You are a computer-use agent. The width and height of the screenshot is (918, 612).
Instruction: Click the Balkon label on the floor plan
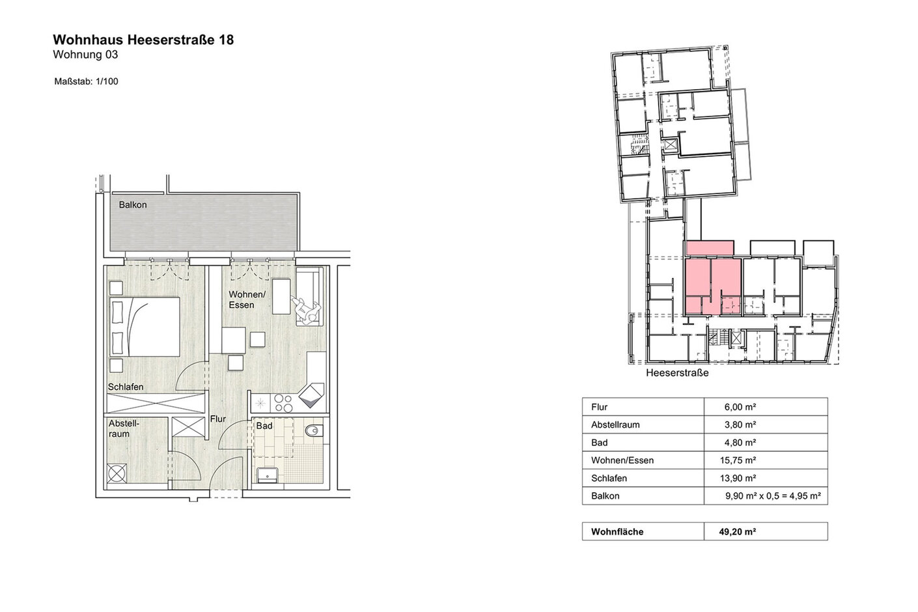point(133,204)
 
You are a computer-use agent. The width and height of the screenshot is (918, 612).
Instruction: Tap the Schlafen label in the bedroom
point(126,387)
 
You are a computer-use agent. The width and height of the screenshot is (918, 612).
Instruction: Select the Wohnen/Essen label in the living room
point(247,299)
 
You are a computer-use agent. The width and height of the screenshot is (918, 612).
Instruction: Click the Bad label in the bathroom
point(264,426)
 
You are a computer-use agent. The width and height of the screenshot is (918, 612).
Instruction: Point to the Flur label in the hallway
point(218,419)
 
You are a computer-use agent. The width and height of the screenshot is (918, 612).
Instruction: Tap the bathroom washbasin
point(268,475)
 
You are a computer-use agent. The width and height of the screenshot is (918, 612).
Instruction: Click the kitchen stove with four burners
point(284,403)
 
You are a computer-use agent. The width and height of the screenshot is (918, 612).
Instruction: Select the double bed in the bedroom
point(145,327)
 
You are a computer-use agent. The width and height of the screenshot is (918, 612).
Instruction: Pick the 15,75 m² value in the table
point(738,460)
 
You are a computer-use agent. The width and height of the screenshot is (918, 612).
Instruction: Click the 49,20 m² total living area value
point(737,532)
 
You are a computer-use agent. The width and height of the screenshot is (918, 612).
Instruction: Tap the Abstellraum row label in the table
point(615,424)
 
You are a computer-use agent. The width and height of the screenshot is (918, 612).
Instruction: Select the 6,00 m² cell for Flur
point(740,407)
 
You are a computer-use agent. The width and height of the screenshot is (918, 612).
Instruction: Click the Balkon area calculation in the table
point(773,496)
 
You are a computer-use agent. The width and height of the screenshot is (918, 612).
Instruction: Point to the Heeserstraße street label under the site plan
point(678,373)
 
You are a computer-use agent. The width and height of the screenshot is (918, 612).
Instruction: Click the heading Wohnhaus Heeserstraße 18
point(143,40)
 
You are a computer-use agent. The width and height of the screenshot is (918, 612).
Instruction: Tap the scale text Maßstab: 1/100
point(86,81)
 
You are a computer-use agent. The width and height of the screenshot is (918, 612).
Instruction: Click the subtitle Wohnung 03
point(85,55)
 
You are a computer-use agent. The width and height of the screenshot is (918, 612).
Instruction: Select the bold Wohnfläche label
point(617,532)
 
